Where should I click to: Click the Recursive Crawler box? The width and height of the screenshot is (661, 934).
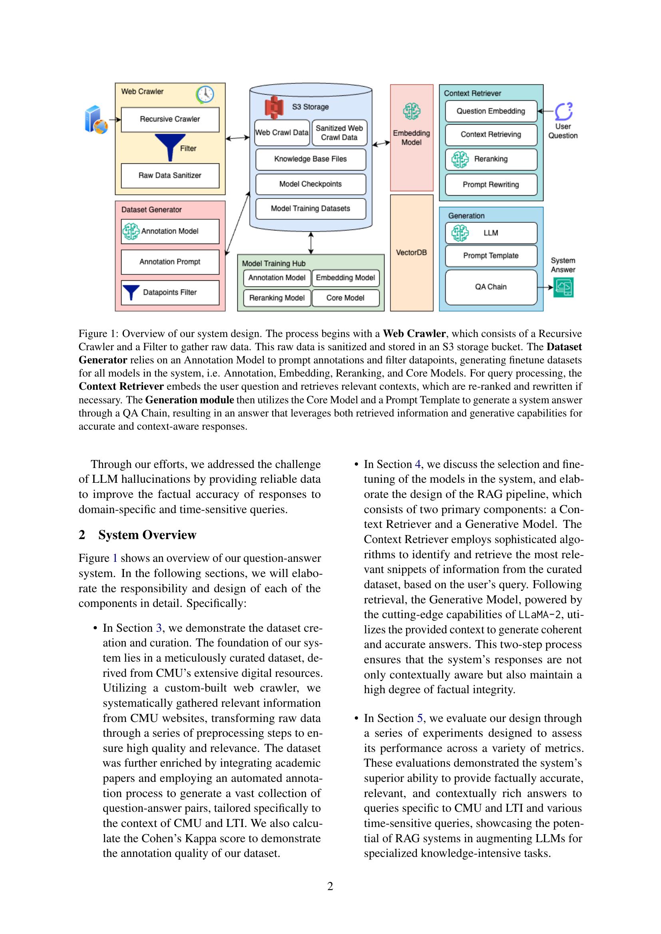click(170, 119)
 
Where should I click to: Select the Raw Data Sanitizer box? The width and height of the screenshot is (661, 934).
click(170, 175)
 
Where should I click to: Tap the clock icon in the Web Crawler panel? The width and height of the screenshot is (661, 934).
click(205, 94)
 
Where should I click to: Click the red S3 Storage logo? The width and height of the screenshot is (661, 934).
click(274, 107)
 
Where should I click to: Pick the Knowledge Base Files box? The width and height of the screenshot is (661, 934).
click(310, 159)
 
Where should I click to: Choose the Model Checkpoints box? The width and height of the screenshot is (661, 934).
click(310, 184)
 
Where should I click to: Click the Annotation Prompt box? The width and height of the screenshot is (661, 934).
click(170, 262)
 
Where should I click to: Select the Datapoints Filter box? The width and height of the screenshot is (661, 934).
click(170, 292)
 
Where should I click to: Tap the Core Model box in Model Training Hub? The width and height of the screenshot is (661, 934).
click(345, 298)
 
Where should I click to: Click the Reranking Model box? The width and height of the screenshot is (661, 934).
click(277, 298)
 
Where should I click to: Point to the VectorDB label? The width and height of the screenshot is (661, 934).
click(411, 253)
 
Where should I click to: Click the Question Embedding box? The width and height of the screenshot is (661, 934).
click(490, 111)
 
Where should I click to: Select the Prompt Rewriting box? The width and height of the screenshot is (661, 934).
click(490, 185)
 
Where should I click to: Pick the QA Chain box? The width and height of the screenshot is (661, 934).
click(490, 287)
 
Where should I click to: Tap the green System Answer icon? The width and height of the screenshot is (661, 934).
click(563, 287)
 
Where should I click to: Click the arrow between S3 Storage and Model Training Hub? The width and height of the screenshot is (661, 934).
click(311, 243)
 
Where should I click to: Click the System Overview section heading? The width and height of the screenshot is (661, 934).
click(147, 535)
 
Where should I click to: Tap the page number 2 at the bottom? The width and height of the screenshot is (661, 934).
click(330, 886)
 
